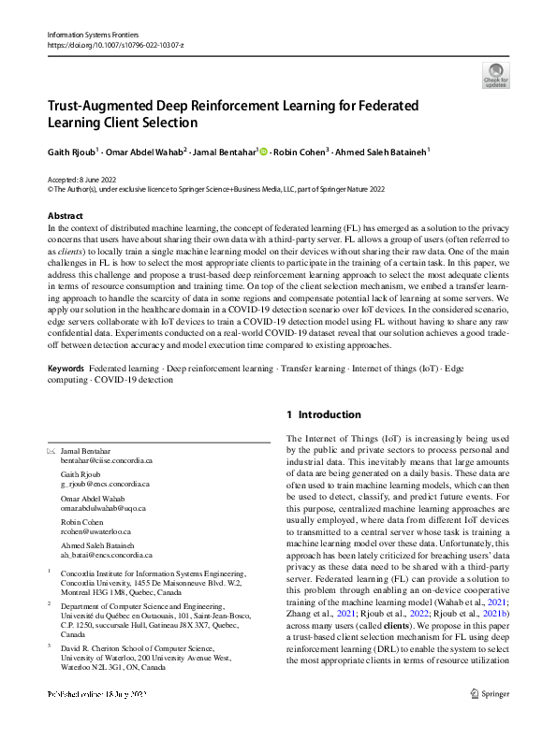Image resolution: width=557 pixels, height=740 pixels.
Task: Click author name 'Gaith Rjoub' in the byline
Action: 71,151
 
